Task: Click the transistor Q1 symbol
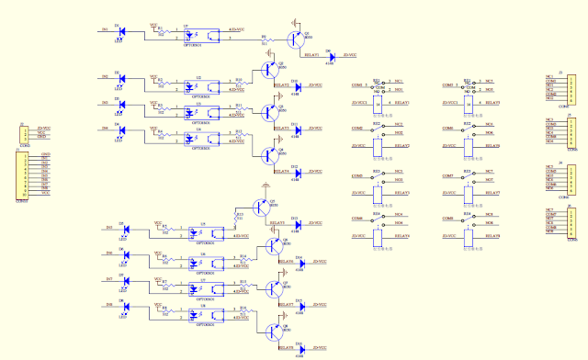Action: (296, 39)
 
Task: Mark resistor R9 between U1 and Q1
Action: (264, 39)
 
